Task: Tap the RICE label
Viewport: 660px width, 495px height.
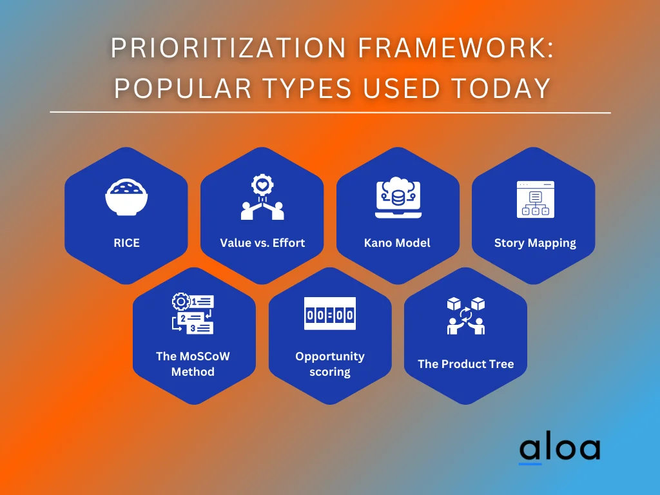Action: [126, 243]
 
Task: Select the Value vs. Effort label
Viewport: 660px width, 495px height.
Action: [262, 243]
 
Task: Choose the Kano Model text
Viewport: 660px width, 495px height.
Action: [398, 243]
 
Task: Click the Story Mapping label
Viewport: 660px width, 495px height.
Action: [535, 243]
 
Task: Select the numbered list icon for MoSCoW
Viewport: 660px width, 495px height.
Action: [193, 313]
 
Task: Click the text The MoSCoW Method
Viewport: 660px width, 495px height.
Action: [193, 364]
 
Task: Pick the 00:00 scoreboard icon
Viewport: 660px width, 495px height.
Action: [330, 314]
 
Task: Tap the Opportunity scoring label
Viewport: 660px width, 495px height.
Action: [330, 364]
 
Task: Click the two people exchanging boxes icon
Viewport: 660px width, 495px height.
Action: [465, 315]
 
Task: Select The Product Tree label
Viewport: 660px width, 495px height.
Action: [465, 364]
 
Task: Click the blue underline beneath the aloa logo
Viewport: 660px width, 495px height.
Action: [530, 463]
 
